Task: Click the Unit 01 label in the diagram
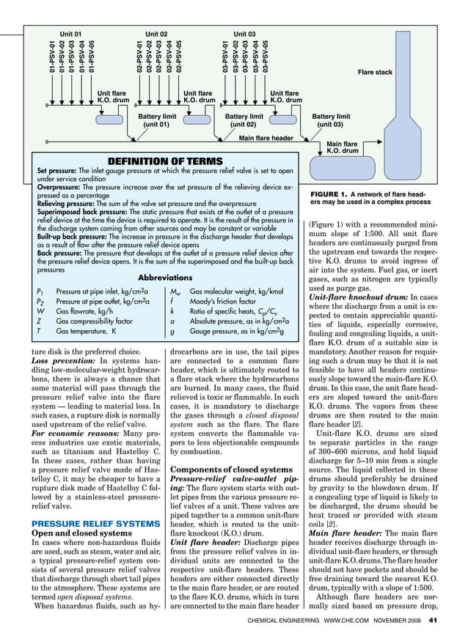coord(70,34)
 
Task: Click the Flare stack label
coord(375,73)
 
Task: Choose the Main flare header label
coord(266,137)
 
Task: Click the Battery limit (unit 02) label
coord(244,120)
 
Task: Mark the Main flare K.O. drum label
coord(342,147)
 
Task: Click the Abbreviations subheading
coord(165,278)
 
